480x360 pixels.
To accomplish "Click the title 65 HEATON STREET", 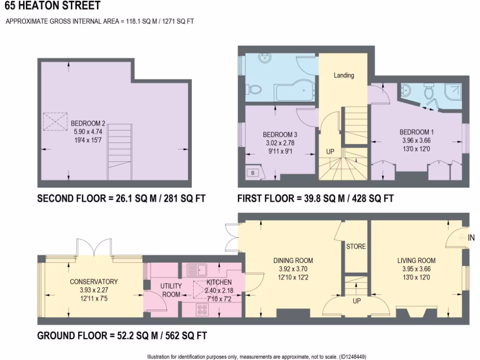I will (x=52, y=6).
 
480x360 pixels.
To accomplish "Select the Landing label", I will (x=344, y=75).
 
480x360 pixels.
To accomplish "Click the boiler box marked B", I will (x=253, y=172).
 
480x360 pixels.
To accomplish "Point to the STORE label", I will (x=356, y=246).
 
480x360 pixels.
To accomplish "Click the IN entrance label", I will (x=471, y=238).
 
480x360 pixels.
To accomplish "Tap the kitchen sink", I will (x=197, y=270).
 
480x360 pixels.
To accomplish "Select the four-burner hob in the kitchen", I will (x=202, y=309).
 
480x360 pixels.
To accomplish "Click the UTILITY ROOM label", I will (x=171, y=290).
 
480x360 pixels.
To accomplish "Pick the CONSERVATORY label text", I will (x=94, y=282).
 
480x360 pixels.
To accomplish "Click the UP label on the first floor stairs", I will (x=330, y=152).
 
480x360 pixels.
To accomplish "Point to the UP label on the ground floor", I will (x=356, y=301).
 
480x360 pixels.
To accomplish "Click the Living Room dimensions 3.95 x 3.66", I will (x=416, y=269).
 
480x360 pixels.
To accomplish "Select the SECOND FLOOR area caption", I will (x=121, y=198).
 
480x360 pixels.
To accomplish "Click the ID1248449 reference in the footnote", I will (x=351, y=356).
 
